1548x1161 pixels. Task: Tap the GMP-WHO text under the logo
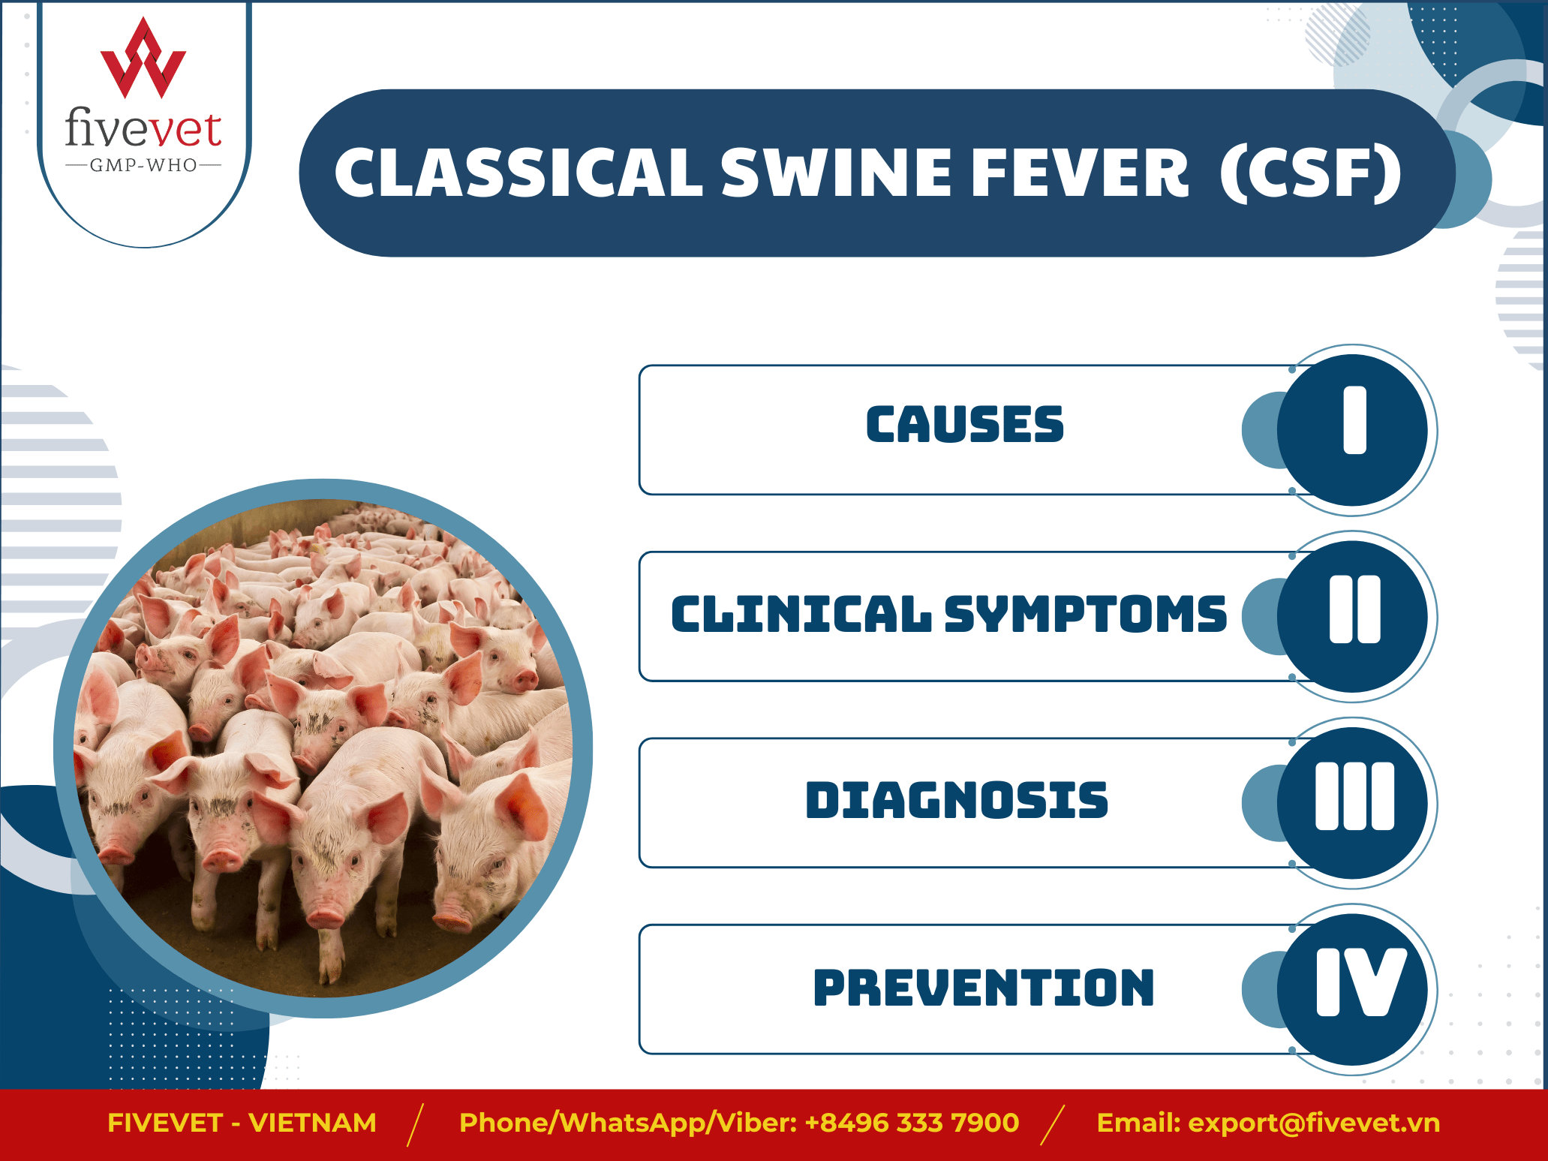point(143,165)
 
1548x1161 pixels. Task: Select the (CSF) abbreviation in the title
point(1310,173)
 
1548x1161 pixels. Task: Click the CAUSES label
point(965,425)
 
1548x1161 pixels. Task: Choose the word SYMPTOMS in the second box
point(1085,615)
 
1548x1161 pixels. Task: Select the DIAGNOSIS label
point(957,800)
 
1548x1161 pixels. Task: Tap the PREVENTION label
point(984,987)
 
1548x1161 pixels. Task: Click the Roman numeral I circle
point(1352,430)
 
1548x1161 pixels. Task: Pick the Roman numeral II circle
point(1352,616)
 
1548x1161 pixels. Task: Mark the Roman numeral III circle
point(1352,803)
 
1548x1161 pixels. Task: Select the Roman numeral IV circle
point(1352,989)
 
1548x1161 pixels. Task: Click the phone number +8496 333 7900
point(912,1123)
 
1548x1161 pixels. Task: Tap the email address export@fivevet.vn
point(1315,1123)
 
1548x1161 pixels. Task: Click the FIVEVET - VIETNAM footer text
point(242,1123)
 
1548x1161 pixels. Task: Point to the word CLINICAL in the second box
point(801,615)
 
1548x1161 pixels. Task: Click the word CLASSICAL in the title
point(519,173)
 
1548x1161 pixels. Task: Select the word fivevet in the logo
point(143,128)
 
